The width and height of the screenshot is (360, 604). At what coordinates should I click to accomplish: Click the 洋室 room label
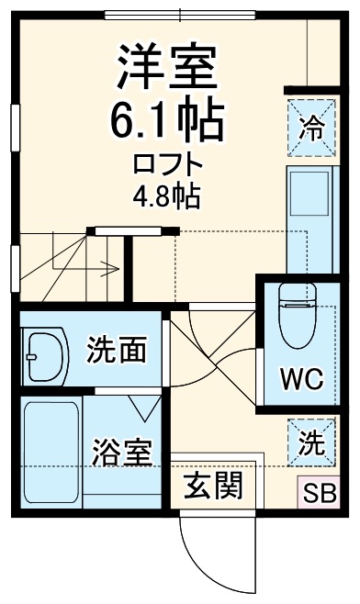coord(166,63)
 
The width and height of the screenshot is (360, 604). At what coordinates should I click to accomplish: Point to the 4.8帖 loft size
coord(166,196)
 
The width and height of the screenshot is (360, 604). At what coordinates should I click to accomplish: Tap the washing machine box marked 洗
coord(311,443)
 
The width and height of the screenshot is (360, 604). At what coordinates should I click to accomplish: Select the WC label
coord(300,378)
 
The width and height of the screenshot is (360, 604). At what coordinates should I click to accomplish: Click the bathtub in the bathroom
coord(51,453)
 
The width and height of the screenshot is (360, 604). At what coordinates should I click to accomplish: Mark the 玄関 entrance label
coord(214,486)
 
